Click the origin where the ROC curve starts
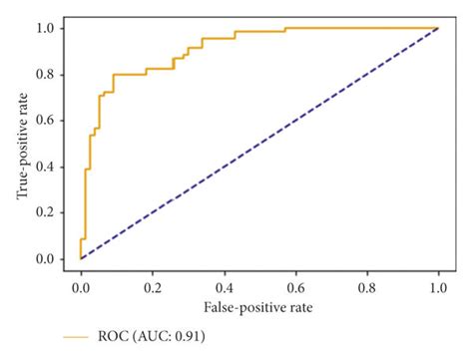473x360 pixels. click(x=81, y=259)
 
